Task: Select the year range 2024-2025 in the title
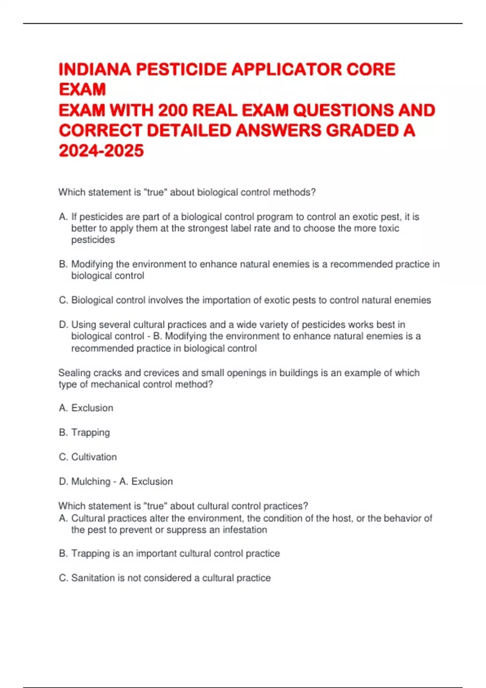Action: pos(101,151)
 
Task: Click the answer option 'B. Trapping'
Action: pos(84,432)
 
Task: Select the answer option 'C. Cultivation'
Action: pos(88,457)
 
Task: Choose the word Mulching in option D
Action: pos(91,481)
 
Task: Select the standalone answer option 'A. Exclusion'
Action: pos(86,408)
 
